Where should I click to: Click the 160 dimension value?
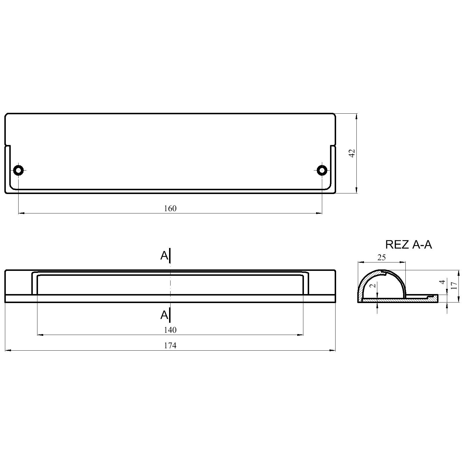(170, 209)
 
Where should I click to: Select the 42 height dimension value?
(352, 153)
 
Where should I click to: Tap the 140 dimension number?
(170, 330)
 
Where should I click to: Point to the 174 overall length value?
(170, 345)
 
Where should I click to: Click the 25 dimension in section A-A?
(382, 257)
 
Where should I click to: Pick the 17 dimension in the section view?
(454, 286)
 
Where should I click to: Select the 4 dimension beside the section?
(442, 282)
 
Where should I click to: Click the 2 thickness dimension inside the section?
(374, 285)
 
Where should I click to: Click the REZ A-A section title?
(408, 244)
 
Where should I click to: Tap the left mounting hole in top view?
(19, 170)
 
